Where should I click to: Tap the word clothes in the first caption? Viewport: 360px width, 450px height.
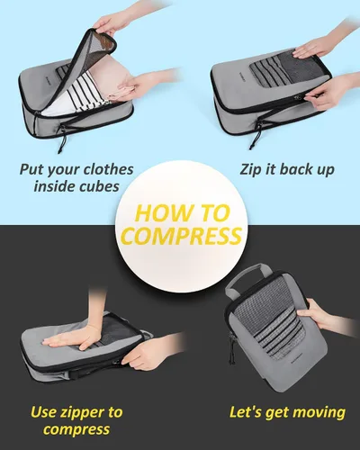pos(108,169)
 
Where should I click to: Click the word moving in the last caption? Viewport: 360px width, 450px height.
pos(318,413)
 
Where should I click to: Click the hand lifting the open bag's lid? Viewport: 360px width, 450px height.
pos(111,22)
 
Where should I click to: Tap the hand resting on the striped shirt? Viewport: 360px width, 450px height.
pos(141,83)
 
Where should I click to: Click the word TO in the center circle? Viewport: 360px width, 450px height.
pos(214,213)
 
